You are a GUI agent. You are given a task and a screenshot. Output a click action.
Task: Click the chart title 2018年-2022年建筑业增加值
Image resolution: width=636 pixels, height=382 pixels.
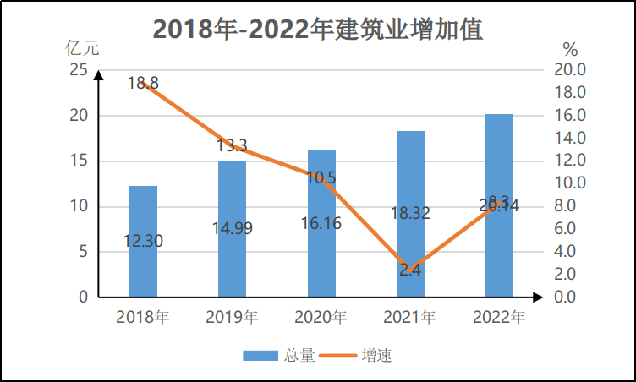[x=318, y=30]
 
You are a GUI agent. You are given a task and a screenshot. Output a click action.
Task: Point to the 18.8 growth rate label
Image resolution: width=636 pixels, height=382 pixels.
[x=143, y=83]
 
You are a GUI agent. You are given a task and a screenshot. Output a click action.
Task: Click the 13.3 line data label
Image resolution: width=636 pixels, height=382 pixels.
[x=232, y=145]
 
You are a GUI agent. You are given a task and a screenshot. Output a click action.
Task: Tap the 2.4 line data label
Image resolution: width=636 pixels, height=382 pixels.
[x=410, y=270]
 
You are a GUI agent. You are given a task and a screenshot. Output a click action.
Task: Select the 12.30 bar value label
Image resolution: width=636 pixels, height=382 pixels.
[x=143, y=241]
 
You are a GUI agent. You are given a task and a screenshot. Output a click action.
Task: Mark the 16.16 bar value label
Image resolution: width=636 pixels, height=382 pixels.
[x=321, y=223]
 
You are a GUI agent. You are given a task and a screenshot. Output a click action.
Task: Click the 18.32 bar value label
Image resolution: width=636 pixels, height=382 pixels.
[x=410, y=214]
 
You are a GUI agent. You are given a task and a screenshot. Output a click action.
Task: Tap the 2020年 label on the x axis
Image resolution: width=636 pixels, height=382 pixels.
[x=321, y=318]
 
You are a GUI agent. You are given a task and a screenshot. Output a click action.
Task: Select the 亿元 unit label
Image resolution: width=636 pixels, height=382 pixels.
[x=82, y=48]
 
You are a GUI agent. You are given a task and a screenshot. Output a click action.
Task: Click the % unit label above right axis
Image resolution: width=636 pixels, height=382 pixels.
[x=569, y=49]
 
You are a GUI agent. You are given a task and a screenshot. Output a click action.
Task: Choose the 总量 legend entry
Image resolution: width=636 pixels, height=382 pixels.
[x=280, y=356]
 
